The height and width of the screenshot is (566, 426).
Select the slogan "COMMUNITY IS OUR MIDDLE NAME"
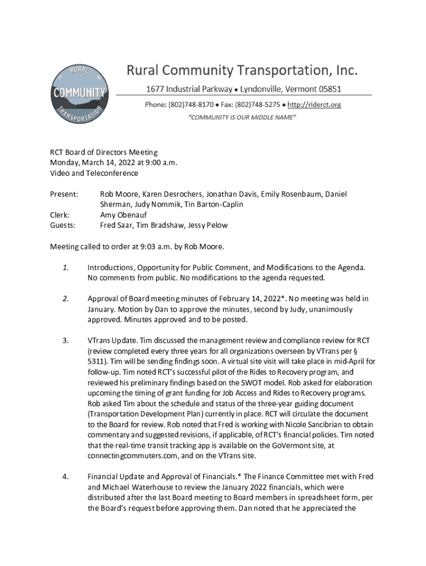click(x=242, y=118)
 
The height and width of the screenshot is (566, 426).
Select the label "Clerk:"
click(x=60, y=215)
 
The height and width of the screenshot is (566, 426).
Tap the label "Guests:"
click(x=63, y=226)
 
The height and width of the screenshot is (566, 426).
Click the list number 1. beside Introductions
click(x=65, y=268)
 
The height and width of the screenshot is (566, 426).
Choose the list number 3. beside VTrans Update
click(x=65, y=340)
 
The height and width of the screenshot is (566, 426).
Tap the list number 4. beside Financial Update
click(x=65, y=477)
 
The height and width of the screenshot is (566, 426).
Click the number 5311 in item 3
click(x=97, y=361)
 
